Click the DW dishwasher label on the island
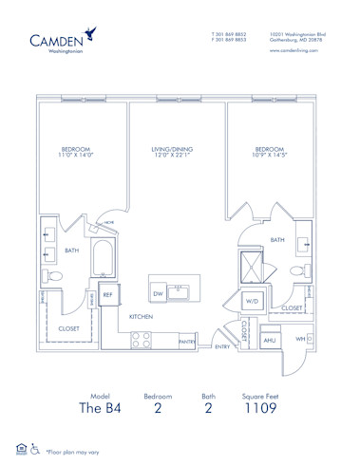[x=157, y=293]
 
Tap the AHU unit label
[x=269, y=339]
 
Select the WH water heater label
[x=299, y=339]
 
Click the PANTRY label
[x=187, y=341]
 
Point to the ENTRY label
[x=221, y=347]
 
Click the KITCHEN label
[x=142, y=316]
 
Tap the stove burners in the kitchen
[x=141, y=337]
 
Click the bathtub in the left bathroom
[x=104, y=258]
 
